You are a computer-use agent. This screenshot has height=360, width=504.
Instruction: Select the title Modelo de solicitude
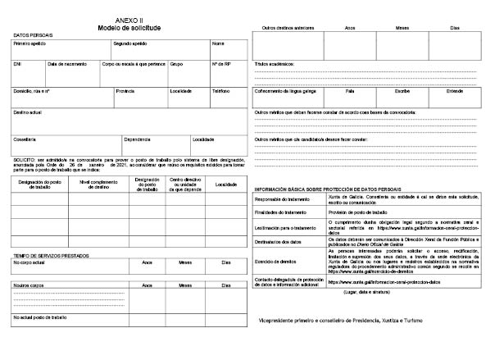pyautogui.click(x=128, y=26)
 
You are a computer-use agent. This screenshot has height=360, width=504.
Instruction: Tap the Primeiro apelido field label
pyautogui.click(x=29, y=43)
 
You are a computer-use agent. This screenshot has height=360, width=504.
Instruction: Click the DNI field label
pyautogui.click(x=18, y=63)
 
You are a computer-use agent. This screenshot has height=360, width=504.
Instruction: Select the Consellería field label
pyautogui.click(x=25, y=139)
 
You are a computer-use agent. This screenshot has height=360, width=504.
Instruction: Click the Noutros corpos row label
pyautogui.click(x=29, y=285)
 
